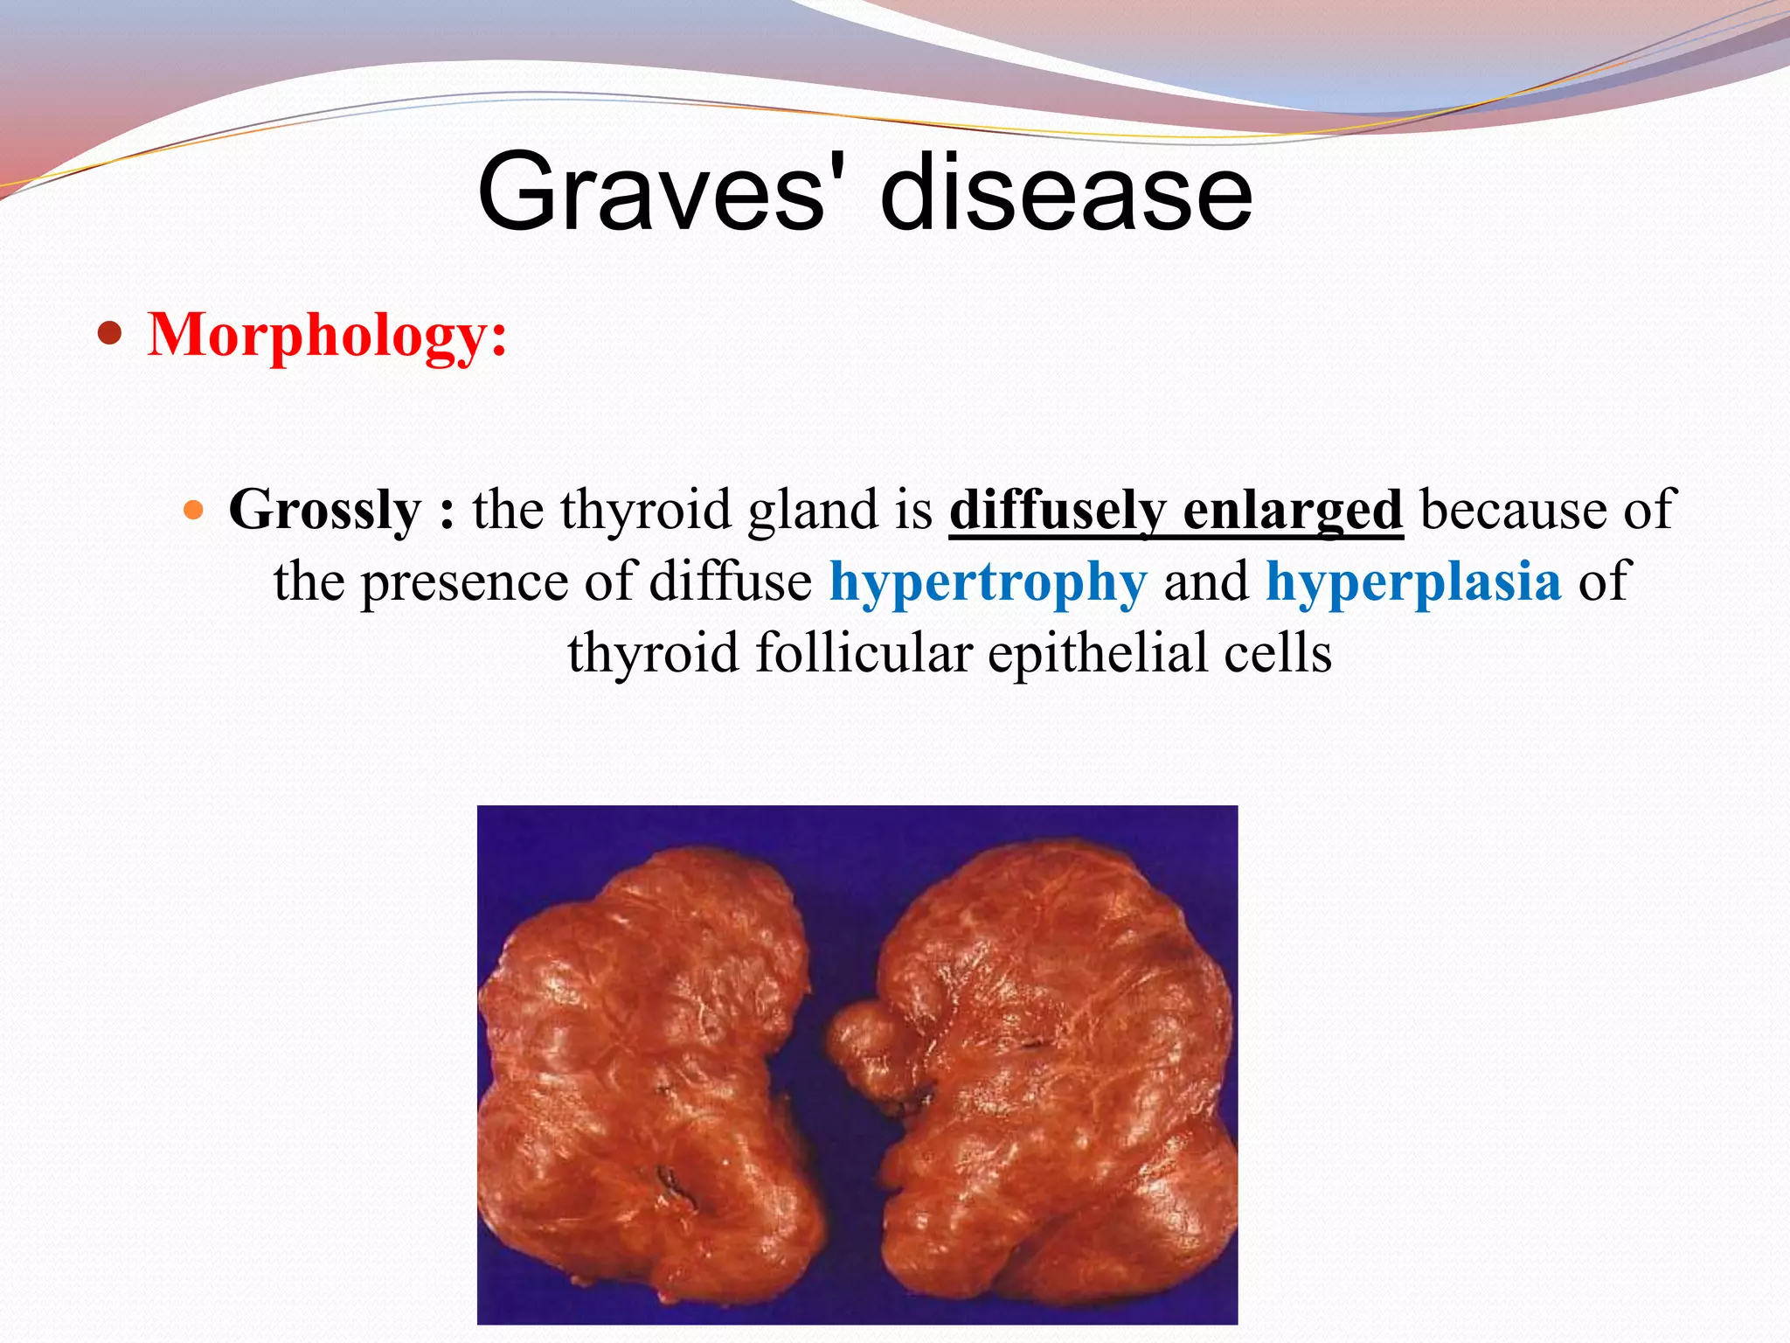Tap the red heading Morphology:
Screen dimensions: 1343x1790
point(327,335)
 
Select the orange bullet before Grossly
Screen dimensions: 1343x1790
point(194,510)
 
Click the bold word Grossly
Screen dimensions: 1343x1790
point(324,510)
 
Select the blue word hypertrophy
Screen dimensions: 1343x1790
point(987,581)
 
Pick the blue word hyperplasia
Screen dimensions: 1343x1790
point(1412,581)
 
